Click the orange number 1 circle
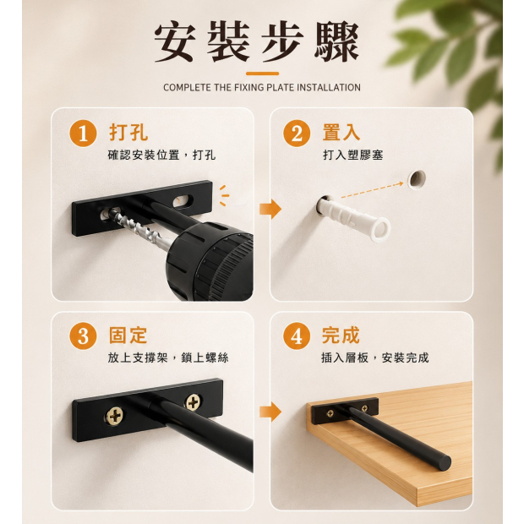point(83,134)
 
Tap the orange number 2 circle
point(297,134)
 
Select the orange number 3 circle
point(83,336)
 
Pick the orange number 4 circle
point(297,336)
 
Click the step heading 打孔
point(128,133)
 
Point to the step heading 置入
point(341,133)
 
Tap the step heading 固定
point(128,336)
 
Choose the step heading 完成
point(341,336)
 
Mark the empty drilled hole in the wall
point(417,179)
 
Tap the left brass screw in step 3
point(115,417)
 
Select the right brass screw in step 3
point(194,402)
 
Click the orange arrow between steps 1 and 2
point(270,209)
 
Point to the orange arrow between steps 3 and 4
point(270,412)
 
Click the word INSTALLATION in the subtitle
point(329,88)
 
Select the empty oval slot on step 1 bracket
point(183,201)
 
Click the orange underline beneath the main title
point(262,74)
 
